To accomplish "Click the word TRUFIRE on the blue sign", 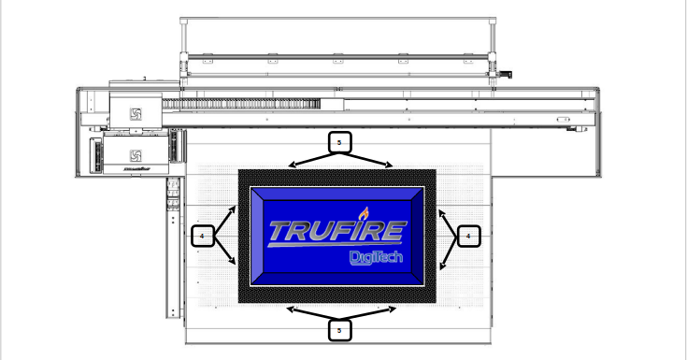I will click(336, 231).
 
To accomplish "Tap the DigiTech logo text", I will click(375, 256).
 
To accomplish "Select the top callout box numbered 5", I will click(339, 143).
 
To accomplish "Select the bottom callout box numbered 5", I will click(339, 329).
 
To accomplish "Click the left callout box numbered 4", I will click(202, 237).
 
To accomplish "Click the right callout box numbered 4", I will click(468, 237).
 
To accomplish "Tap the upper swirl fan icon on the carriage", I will click(135, 114).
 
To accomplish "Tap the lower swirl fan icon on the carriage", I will click(135, 154).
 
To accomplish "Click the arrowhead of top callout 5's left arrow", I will click(291, 166).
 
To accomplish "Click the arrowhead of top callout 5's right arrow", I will click(391, 166).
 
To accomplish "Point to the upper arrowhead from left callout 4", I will click(234, 209).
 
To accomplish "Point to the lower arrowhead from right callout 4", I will click(443, 268).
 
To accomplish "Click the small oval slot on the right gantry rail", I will click(563, 120).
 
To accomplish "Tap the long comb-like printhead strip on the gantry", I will click(243, 103).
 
